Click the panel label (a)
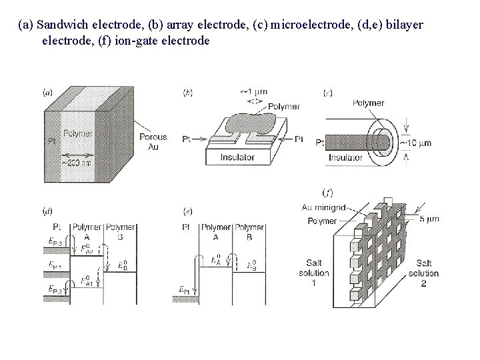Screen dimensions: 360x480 point(47,92)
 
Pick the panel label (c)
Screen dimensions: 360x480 point(327,93)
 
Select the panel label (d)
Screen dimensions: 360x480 point(47,211)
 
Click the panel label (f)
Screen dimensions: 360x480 point(327,193)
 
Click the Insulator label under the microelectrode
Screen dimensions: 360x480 point(346,157)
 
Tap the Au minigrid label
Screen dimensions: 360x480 point(325,207)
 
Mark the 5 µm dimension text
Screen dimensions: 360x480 point(426,217)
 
